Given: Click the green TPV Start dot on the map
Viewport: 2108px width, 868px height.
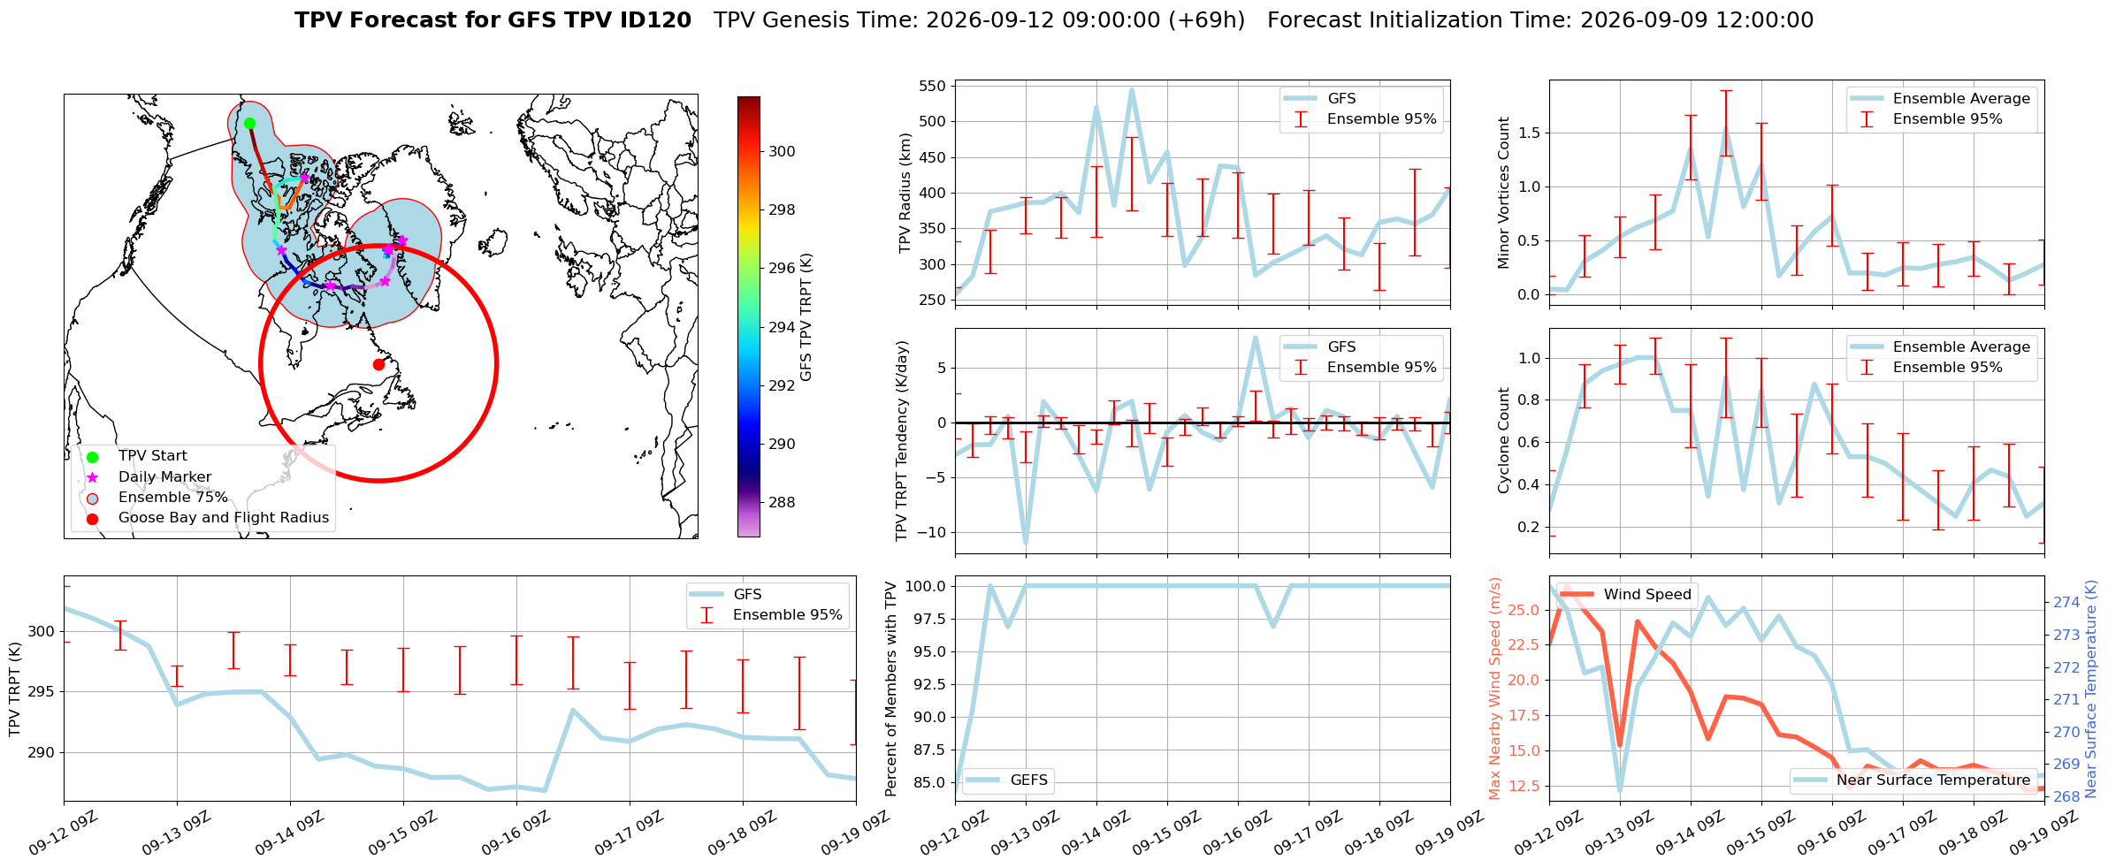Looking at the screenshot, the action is point(249,123).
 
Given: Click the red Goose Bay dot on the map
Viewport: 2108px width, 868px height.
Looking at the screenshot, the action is point(378,364).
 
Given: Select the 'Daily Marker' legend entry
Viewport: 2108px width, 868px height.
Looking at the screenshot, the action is point(164,477).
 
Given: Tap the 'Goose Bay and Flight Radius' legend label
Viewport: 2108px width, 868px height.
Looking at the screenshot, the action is point(224,518).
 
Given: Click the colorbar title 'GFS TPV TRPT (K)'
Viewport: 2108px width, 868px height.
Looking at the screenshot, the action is point(806,317).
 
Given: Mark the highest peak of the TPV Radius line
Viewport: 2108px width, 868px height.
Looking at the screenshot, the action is point(1131,89).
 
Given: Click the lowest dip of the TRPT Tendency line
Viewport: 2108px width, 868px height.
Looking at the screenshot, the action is point(1026,543).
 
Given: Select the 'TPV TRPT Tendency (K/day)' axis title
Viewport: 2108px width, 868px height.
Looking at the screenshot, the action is point(902,441).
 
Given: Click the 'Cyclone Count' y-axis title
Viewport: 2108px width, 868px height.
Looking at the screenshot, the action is point(1503,440).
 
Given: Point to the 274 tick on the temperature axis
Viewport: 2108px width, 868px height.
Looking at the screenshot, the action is point(2066,603).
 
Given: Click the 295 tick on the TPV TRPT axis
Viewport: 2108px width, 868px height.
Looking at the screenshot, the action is point(42,692).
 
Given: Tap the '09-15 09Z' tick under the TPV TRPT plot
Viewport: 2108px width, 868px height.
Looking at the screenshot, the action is point(403,834).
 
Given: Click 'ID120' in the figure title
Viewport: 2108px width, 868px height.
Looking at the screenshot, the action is point(657,20).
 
